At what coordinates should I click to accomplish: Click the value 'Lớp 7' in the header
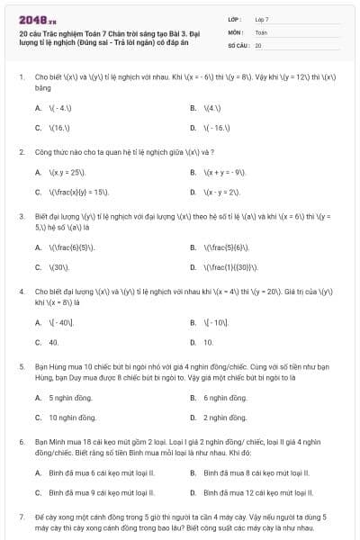(x=262, y=19)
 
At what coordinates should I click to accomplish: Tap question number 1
(x=21, y=79)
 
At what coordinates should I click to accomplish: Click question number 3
(x=21, y=217)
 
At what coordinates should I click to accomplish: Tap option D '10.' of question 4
(x=208, y=342)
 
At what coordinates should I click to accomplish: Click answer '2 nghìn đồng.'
(x=225, y=418)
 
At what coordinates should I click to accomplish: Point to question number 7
(x=21, y=517)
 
